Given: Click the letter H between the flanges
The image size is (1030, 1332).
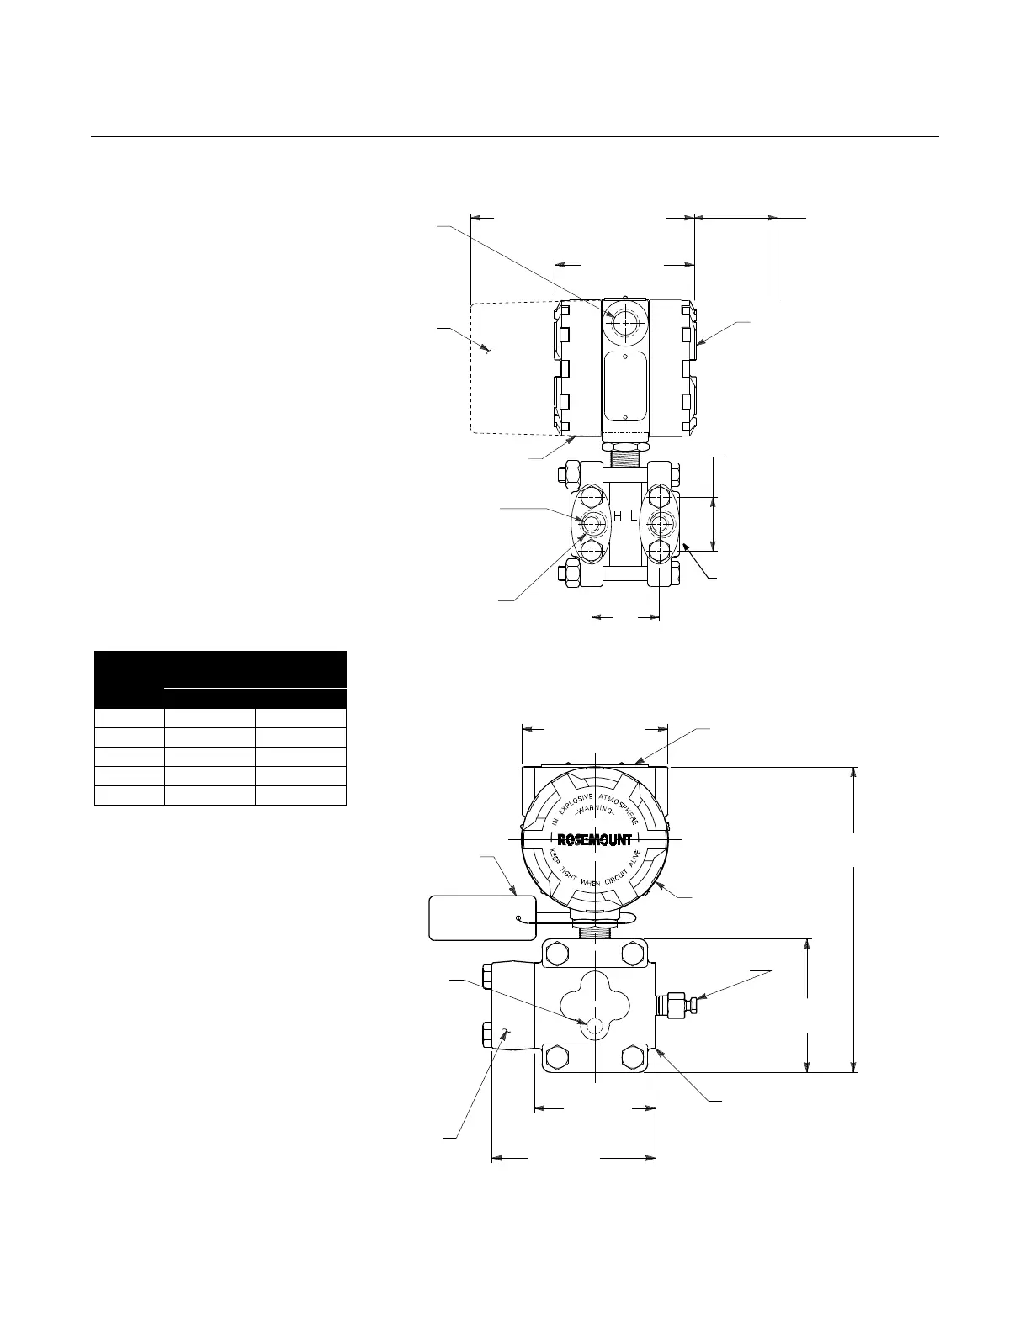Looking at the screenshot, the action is [x=618, y=517].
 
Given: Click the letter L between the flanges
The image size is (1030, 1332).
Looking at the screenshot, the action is [x=634, y=517].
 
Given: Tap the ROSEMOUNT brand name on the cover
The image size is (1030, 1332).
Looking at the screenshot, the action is [x=594, y=839].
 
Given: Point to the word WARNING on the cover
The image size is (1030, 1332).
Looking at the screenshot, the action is [x=594, y=810].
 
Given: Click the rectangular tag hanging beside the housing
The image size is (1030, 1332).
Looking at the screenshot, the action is [x=481, y=917].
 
